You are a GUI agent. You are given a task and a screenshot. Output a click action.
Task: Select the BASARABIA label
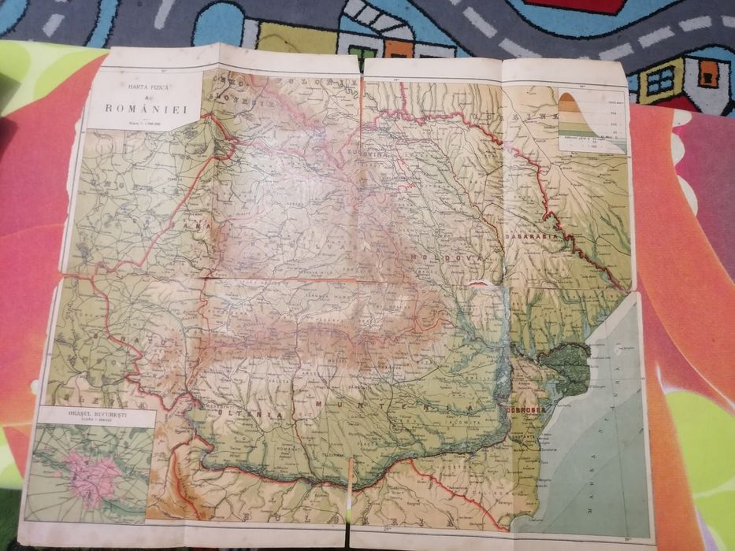tap(534, 234)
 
